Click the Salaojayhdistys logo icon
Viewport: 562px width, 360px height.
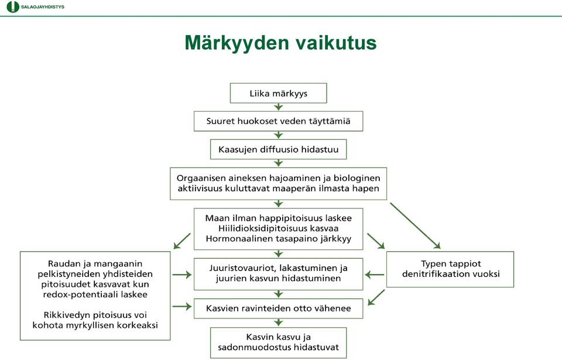click(x=12, y=7)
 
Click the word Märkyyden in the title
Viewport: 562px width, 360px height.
click(x=237, y=43)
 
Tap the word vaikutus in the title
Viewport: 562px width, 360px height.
click(x=336, y=43)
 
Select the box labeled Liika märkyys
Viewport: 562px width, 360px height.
click(x=278, y=93)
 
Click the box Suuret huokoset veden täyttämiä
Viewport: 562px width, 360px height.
click(x=278, y=121)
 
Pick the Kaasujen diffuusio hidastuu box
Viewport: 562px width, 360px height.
click(x=278, y=149)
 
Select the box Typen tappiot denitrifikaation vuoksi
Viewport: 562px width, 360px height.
click(x=450, y=269)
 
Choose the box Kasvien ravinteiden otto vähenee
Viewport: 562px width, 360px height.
click(x=278, y=308)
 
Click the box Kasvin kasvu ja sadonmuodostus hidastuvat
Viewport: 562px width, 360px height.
click(x=278, y=342)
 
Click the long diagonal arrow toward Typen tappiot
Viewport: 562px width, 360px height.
click(x=415, y=225)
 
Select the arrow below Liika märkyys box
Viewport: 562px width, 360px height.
click(x=278, y=107)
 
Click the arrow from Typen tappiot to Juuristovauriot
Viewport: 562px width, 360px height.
click(x=375, y=275)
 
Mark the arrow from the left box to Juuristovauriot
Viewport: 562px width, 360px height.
click(x=182, y=275)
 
